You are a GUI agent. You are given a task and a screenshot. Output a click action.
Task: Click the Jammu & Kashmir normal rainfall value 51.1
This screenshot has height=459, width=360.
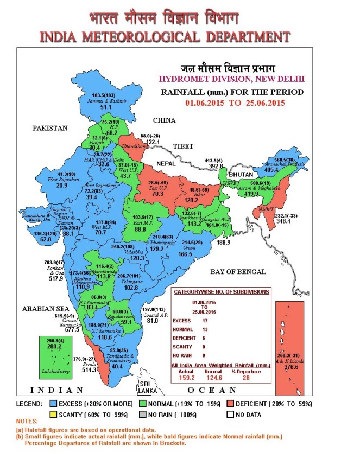click(x=105, y=107)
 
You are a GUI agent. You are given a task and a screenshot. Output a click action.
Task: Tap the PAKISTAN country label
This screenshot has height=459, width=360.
click(x=49, y=129)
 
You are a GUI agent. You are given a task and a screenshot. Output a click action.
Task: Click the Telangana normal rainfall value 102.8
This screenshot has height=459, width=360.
click(x=130, y=288)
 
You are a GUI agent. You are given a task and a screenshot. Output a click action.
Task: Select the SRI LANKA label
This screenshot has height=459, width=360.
click(x=147, y=387)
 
